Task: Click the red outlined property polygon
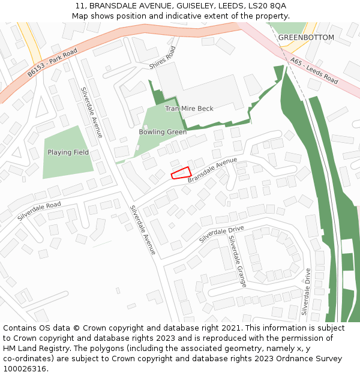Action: [181, 173]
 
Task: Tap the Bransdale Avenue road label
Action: [212, 170]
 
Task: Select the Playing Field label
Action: [68, 152]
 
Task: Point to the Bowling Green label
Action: [163, 132]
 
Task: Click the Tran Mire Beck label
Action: [189, 109]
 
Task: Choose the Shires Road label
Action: [163, 58]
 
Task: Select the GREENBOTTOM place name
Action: [306, 37]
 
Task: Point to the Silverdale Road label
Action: [39, 211]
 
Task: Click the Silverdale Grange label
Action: [237, 261]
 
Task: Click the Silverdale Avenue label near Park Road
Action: [92, 113]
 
